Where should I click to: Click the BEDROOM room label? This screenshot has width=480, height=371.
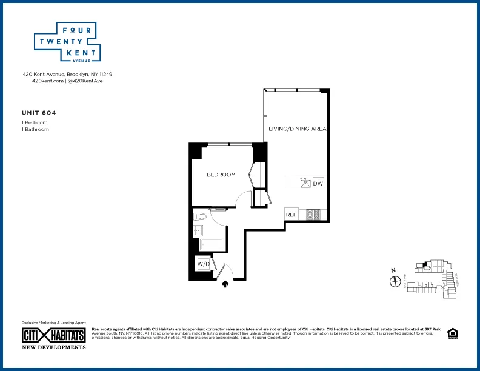[221, 175]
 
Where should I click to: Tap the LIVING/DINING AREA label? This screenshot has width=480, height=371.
[298, 129]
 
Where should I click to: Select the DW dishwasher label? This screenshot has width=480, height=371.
[318, 182]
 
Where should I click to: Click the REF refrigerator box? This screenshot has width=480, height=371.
[291, 215]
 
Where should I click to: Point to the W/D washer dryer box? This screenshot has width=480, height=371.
[202, 264]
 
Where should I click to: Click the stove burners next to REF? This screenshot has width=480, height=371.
[313, 214]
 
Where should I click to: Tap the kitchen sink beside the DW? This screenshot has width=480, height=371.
[305, 182]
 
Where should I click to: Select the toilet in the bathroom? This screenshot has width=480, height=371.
[201, 216]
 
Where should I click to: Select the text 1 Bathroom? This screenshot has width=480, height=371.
[35, 129]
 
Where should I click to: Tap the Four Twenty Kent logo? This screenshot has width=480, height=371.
[66, 42]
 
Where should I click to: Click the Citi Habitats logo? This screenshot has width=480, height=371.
[54, 335]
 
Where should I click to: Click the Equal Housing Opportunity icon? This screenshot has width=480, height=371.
[452, 333]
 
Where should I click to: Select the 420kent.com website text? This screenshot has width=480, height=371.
[48, 81]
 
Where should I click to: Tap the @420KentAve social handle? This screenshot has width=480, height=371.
[85, 81]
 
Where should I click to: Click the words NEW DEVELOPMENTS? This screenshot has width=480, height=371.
[54, 347]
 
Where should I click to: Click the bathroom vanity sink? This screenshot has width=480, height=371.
[198, 230]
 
